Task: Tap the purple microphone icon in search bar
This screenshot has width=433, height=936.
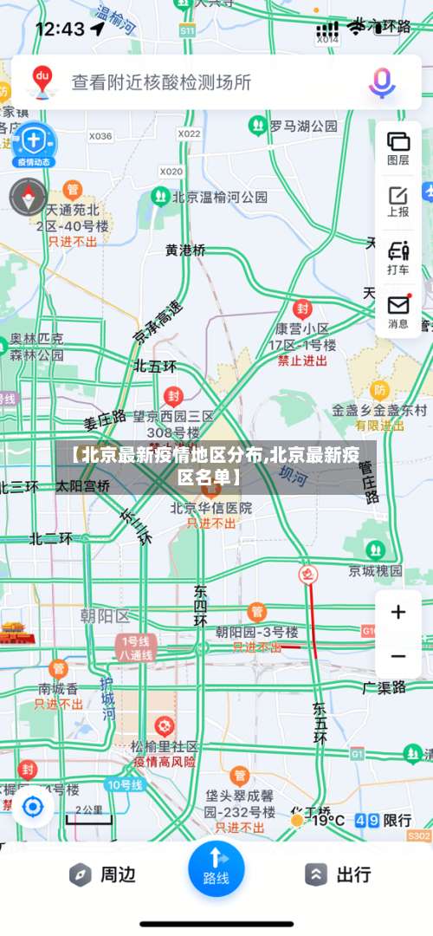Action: (382, 82)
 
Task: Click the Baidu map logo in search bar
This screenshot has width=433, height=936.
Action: (42, 81)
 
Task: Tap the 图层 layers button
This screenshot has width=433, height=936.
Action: (397, 147)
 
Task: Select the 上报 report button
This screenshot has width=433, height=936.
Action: (397, 201)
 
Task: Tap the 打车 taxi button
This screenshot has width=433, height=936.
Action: (397, 257)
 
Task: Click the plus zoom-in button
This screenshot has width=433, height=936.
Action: (397, 613)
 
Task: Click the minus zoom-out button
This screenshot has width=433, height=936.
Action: (397, 656)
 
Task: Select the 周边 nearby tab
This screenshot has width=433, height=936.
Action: (103, 874)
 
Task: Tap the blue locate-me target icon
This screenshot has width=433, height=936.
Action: (33, 808)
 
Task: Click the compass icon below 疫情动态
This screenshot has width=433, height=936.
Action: (28, 197)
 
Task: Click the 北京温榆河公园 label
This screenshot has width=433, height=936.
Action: (219, 197)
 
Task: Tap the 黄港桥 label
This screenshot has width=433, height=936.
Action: (185, 250)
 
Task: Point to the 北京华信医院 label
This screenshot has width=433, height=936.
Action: (210, 508)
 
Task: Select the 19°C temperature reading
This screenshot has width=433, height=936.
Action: (328, 820)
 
